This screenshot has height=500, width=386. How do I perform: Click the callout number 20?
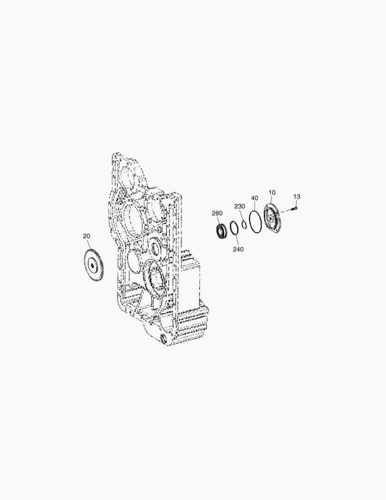click(x=86, y=236)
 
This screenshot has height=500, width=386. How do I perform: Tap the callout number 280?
click(x=217, y=213)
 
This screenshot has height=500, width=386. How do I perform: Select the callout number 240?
click(x=238, y=250)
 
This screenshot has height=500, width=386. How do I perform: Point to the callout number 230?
click(x=240, y=206)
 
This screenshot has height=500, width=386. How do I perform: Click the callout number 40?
click(x=254, y=198)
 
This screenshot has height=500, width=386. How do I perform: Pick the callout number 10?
click(x=272, y=192)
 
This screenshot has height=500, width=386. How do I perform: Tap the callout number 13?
click(x=296, y=197)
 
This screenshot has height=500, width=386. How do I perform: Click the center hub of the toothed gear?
click(x=92, y=265)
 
